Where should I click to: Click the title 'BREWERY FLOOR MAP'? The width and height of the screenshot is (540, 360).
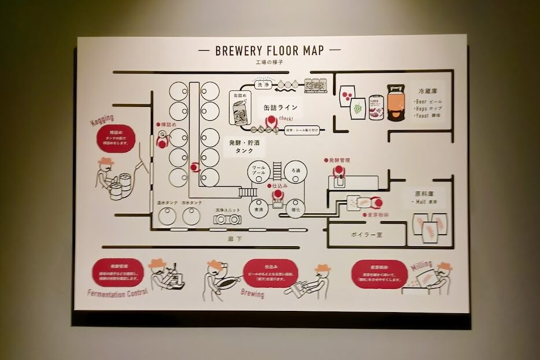click(269, 50)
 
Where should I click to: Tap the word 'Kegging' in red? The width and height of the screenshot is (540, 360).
click(102, 120)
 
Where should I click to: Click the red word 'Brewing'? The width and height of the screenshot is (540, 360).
click(252, 294)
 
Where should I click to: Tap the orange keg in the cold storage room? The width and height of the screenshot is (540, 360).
click(395, 106)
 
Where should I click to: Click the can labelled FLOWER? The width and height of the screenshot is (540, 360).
click(376, 107)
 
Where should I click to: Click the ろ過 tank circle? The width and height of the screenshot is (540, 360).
click(296, 172)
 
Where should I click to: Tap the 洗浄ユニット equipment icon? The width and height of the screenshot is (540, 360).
click(226, 219)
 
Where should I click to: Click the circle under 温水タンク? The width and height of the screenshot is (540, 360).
click(167, 216)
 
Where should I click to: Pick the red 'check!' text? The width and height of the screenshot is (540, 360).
click(286, 118)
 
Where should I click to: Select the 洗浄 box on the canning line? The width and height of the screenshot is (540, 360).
click(263, 84)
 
